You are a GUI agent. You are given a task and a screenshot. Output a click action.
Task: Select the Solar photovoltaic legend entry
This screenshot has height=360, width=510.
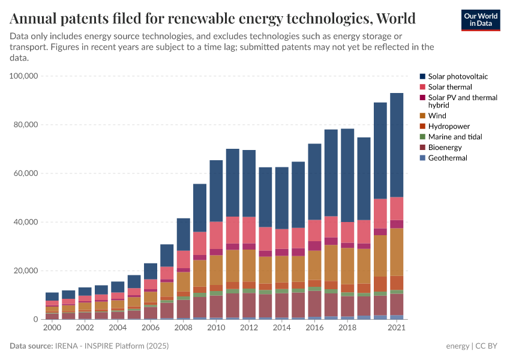point(454,77)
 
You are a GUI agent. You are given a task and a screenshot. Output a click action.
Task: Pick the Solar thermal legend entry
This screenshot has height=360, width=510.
point(446,87)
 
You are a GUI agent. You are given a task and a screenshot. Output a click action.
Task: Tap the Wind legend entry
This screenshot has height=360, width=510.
point(437,116)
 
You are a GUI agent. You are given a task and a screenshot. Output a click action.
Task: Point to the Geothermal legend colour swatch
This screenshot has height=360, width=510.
point(423,158)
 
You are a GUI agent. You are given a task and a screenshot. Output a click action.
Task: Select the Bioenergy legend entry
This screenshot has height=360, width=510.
point(444,148)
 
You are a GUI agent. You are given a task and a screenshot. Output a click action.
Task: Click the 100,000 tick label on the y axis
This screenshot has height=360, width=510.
point(24,76)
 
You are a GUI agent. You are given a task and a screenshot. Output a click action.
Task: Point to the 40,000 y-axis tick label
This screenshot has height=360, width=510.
point(26,222)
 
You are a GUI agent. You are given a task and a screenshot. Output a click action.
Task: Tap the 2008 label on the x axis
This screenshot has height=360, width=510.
point(183,328)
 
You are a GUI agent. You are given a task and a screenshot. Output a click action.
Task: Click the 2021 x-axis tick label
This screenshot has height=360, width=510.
point(396,328)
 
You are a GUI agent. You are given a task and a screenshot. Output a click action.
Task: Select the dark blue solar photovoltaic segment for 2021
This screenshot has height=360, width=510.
point(397,144)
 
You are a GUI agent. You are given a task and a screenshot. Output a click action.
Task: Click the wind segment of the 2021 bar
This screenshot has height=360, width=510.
point(397,252)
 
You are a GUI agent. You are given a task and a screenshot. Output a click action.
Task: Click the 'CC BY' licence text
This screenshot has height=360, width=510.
point(488,346)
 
